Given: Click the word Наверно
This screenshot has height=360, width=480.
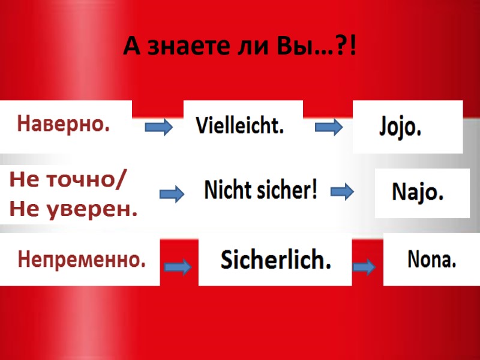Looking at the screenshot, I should click(64, 124).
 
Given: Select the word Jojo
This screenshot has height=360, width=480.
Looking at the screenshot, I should click(401, 128).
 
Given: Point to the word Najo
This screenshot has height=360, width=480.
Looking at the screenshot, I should click(418, 193).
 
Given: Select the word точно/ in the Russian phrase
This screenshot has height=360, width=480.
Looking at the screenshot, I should click(88, 181).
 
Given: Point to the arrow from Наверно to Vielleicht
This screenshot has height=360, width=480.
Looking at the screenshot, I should click(159, 127).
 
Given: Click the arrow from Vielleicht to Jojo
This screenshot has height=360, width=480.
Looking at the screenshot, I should click(329, 127).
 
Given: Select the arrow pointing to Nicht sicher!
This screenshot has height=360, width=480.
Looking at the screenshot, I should click(172, 194).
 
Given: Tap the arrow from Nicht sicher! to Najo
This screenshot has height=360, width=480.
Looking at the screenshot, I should click(343, 192).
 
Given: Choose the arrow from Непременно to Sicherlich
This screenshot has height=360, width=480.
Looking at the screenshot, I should click(178, 267).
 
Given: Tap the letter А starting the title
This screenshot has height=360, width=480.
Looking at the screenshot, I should click(131, 46).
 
